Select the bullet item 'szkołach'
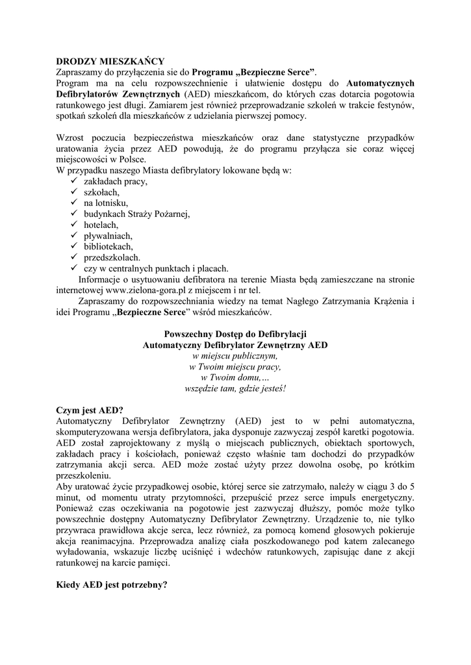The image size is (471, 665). [101, 192]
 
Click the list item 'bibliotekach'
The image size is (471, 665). [108, 247]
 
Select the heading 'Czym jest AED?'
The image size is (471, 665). [89, 410]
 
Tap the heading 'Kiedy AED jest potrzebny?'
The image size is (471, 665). [112, 584]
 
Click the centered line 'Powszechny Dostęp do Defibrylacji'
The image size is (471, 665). [235, 334]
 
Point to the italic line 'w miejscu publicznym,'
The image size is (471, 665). [235, 356]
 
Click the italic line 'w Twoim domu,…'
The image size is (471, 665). [235, 377]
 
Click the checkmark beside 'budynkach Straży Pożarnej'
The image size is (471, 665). [73, 214]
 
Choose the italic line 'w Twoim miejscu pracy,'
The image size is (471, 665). [235, 367]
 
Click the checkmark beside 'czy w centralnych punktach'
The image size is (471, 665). [73, 268]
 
